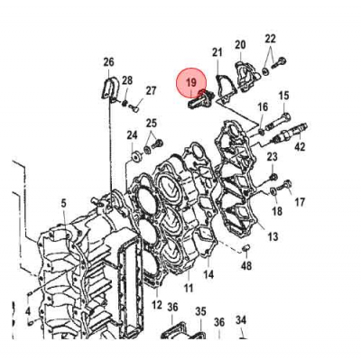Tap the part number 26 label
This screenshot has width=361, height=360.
(109, 62)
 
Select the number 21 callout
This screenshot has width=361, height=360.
(218, 53)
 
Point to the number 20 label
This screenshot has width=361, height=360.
(240, 45)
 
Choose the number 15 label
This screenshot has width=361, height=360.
(282, 96)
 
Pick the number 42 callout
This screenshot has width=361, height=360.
(299, 146)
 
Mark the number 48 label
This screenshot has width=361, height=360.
(246, 266)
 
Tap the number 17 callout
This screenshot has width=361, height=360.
(299, 202)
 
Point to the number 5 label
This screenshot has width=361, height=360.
(64, 205)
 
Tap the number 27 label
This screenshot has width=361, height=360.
(151, 90)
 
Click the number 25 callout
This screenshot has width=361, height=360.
(152, 123)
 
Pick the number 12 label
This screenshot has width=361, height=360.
(156, 306)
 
